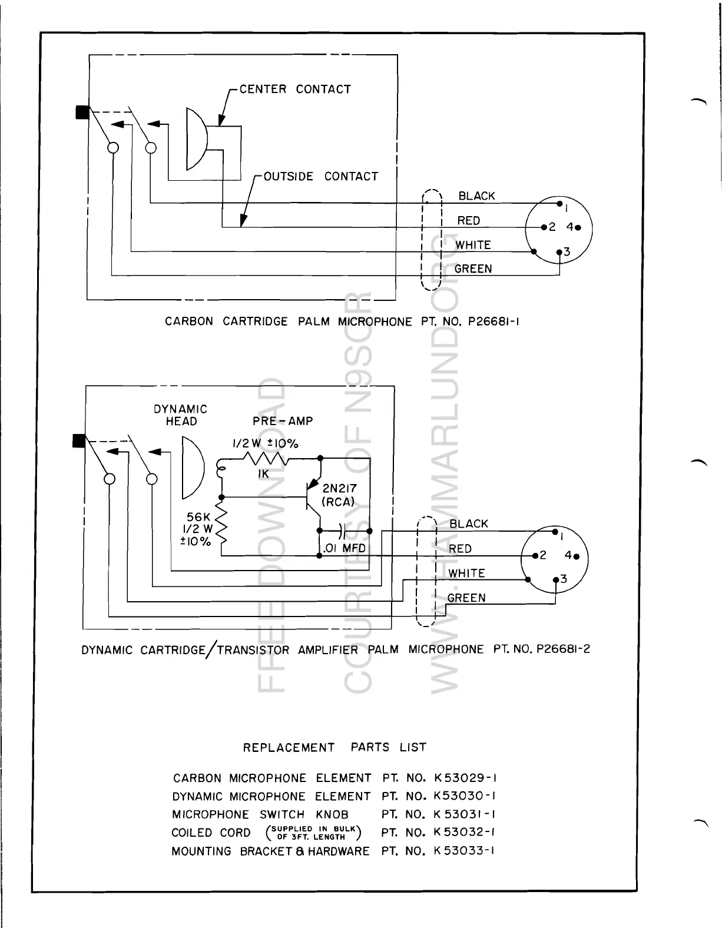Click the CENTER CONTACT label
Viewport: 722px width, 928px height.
295,90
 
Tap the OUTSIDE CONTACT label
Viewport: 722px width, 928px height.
321,177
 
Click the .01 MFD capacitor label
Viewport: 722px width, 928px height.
344,548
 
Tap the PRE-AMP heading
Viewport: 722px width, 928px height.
283,421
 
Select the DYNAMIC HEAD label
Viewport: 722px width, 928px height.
181,415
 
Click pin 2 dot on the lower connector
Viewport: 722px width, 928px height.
534,555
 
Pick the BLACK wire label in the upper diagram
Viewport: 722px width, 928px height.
476,196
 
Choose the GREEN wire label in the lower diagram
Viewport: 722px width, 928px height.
466,598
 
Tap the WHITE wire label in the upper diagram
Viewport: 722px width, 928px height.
473,245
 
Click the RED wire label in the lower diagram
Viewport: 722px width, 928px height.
460,549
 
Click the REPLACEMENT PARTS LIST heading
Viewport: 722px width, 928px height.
334,748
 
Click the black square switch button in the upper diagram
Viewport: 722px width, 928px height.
82,112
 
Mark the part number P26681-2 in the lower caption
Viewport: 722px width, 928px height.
564,649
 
